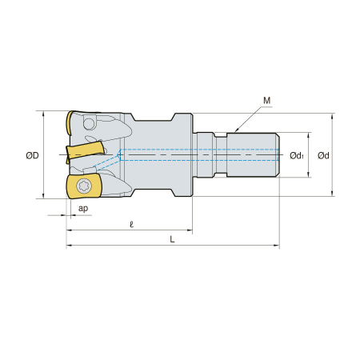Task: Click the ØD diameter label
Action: tap(32, 155)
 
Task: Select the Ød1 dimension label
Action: tap(297, 155)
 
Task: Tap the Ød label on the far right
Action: tap(323, 155)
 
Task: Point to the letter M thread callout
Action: tap(266, 101)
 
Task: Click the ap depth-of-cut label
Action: tap(83, 208)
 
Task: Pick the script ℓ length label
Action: tap(131, 225)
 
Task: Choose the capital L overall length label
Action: tap(172, 239)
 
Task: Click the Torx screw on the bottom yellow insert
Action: tap(84, 186)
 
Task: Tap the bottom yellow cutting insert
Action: tap(83, 186)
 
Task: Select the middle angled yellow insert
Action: tap(85, 151)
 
